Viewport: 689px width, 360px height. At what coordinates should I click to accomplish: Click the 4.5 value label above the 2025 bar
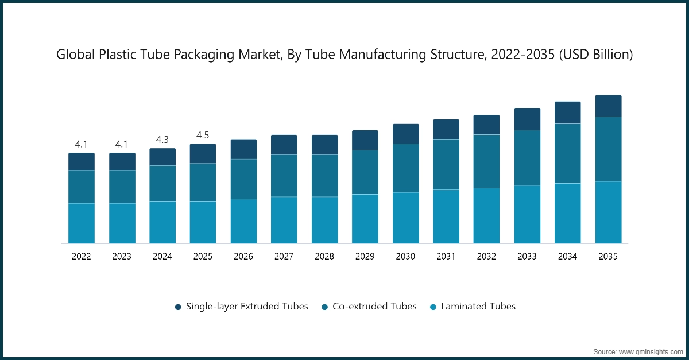click(x=203, y=135)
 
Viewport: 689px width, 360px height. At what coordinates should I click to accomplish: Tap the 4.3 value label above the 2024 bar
click(x=162, y=140)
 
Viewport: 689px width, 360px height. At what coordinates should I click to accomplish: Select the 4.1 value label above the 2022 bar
click(x=82, y=144)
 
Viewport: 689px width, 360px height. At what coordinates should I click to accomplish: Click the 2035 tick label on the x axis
click(x=608, y=257)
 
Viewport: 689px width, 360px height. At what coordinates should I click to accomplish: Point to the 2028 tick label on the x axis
click(x=324, y=257)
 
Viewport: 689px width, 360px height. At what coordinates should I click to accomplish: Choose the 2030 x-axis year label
click(x=405, y=257)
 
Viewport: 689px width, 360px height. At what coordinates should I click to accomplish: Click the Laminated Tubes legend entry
click(x=478, y=307)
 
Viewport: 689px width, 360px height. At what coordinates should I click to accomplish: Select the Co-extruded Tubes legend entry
click(x=374, y=307)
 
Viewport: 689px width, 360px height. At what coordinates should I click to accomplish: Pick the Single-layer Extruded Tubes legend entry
click(x=247, y=307)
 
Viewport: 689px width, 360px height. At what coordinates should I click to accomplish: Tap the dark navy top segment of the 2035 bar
click(x=608, y=106)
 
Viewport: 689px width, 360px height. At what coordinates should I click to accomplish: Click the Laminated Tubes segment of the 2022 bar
click(x=82, y=223)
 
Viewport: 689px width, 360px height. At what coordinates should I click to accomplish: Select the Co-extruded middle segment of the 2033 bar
click(x=527, y=158)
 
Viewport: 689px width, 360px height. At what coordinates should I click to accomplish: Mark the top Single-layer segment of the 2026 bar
click(x=243, y=149)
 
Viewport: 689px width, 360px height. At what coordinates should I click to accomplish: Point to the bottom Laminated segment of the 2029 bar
click(x=365, y=219)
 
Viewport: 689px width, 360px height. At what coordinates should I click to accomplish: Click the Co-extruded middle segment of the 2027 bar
click(x=284, y=176)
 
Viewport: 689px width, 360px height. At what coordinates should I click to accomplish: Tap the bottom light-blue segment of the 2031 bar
click(x=446, y=216)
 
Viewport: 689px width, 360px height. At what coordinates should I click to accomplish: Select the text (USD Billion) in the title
click(x=597, y=55)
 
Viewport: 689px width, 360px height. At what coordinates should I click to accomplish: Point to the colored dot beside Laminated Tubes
click(x=433, y=307)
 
